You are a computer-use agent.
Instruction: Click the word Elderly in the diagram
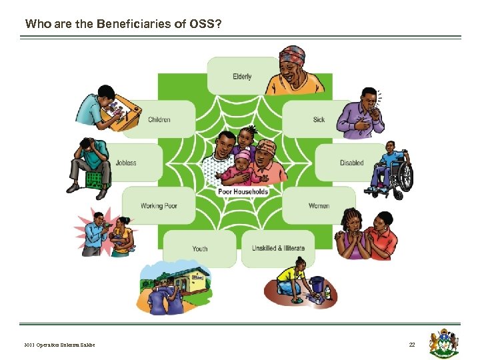[242, 77]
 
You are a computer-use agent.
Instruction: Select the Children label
[159, 120]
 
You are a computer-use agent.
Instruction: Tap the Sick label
[319, 120]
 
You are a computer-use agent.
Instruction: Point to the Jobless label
[126, 163]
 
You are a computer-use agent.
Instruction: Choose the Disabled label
[351, 163]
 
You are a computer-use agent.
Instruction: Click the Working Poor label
[159, 206]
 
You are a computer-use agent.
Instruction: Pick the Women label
[319, 206]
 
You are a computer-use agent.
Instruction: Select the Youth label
[200, 249]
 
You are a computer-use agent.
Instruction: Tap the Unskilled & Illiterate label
[278, 249]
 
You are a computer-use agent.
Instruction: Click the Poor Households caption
[243, 191]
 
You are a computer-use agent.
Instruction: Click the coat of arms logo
[445, 341]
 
